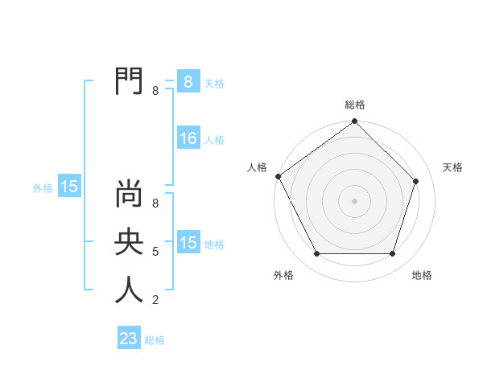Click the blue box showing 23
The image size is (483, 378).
pyautogui.click(x=129, y=339)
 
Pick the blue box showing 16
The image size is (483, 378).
pyautogui.click(x=188, y=138)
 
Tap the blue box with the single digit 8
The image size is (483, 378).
pyautogui.click(x=188, y=82)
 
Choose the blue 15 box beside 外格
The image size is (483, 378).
pyautogui.click(x=69, y=187)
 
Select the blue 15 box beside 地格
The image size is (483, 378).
pyautogui.click(x=188, y=243)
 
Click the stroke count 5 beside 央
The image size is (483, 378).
pyautogui.click(x=155, y=253)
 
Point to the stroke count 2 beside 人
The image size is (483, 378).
pyautogui.click(x=155, y=301)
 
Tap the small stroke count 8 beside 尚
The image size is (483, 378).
pyautogui.click(x=155, y=204)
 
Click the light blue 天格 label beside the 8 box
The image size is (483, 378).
pyautogui.click(x=214, y=84)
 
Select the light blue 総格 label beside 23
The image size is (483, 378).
pyautogui.click(x=155, y=340)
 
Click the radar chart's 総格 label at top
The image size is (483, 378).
pyautogui.click(x=354, y=105)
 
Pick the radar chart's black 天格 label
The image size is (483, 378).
pyautogui.click(x=452, y=167)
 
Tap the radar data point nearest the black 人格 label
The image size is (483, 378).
pyautogui.click(x=279, y=176)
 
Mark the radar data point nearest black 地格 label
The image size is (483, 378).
pyautogui.click(x=393, y=253)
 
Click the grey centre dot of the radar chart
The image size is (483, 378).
pyautogui.click(x=354, y=200)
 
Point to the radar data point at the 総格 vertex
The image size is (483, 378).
pyautogui.click(x=354, y=121)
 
